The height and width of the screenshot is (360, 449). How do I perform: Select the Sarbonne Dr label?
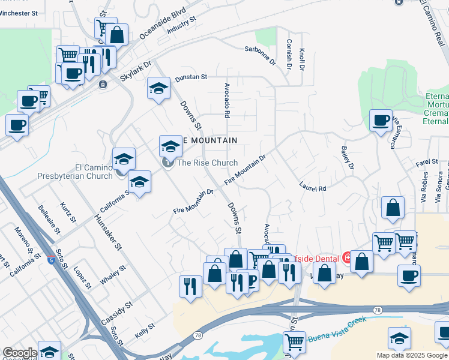coord(259,56)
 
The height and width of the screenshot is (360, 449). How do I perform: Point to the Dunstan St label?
coord(190,77)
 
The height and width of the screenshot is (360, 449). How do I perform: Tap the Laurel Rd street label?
coord(313,188)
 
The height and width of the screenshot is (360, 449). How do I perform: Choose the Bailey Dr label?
coord(348,158)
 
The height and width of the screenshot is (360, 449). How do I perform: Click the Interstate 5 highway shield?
coord(52,260)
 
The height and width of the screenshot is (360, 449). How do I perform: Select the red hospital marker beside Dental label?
coord(347,257)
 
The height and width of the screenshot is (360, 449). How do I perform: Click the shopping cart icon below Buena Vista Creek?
coord(294,342)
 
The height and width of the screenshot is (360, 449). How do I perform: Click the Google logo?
coord(20,353)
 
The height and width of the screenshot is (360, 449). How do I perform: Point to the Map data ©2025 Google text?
coord(411,355)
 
